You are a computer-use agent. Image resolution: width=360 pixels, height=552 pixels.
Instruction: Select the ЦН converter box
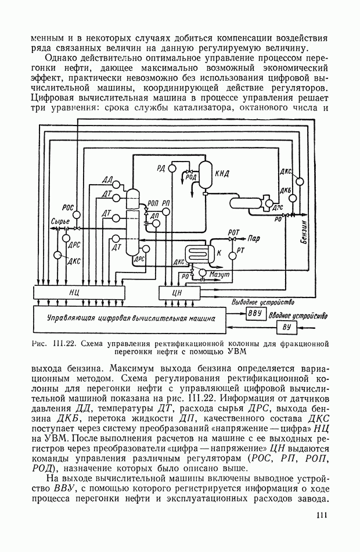[178, 293]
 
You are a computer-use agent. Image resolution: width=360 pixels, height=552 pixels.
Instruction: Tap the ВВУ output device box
[255, 314]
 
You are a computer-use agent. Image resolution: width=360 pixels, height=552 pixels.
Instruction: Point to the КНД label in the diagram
[222, 173]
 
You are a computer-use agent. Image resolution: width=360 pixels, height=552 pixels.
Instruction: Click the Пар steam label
[254, 238]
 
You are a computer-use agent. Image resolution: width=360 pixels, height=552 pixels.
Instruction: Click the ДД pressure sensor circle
[116, 185]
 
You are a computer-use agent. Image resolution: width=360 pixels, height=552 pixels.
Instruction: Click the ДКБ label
[285, 191]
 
